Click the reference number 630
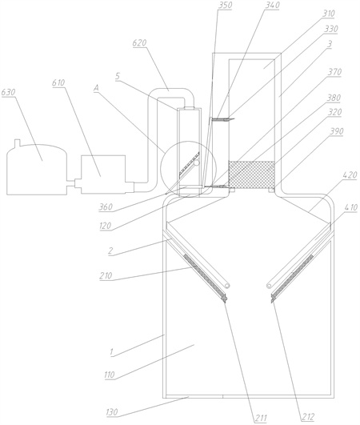pyautogui.click(x=8, y=92)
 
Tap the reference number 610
pyautogui.click(x=58, y=82)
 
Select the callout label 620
pyautogui.click(x=139, y=43)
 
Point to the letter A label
pyautogui.click(x=96, y=88)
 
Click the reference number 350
pyautogui.click(x=225, y=5)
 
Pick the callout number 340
pyautogui.click(x=272, y=5)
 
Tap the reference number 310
pyautogui.click(x=328, y=14)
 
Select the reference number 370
pyautogui.click(x=334, y=72)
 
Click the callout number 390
pyautogui.click(x=336, y=131)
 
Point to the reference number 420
pyautogui.click(x=350, y=174)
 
